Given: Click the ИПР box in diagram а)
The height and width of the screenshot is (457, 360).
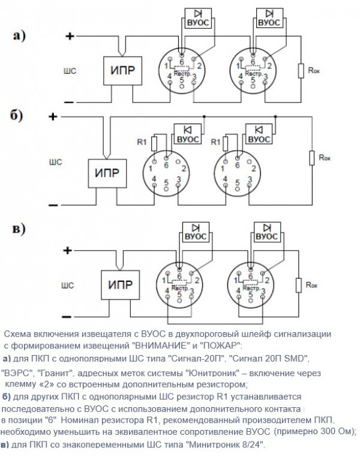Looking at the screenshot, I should pyautogui.click(x=122, y=70).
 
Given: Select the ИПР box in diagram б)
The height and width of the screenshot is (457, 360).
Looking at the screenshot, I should pyautogui.click(x=107, y=173).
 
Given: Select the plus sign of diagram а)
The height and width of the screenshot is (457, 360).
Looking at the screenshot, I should pyautogui.click(x=70, y=36).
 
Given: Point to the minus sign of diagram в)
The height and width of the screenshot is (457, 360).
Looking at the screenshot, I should pyautogui.click(x=70, y=316).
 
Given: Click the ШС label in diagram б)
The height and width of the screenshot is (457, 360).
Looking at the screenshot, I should pyautogui.click(x=56, y=161).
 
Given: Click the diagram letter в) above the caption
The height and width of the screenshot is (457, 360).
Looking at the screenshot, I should pyautogui.click(x=19, y=228).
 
